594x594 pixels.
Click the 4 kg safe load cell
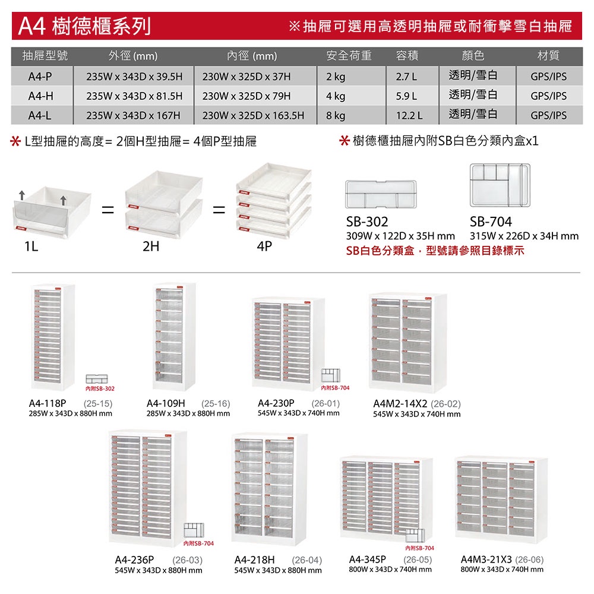pyautogui.click(x=336, y=96)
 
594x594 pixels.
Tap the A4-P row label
pyautogui.click(x=40, y=77)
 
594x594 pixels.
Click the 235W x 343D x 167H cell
pyautogui.click(x=133, y=115)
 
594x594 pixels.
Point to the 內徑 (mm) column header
pyautogui.click(x=252, y=56)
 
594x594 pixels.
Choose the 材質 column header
pyautogui.click(x=548, y=56)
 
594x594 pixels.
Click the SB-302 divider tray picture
pyautogui.click(x=381, y=194)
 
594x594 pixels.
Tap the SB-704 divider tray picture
pyautogui.click(x=500, y=185)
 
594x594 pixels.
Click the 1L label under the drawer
pyautogui.click(x=31, y=247)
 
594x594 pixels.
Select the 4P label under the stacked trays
pyautogui.click(x=264, y=247)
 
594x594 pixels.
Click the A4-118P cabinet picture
pyautogui.click(x=53, y=337)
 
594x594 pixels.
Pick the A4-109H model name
pyautogui.click(x=166, y=403)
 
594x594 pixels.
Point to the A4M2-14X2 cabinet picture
pyautogui.click(x=408, y=343)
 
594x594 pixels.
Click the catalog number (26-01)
pyautogui.click(x=326, y=403)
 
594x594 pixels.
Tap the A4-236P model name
pyautogui.click(x=134, y=560)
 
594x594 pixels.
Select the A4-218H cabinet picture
pyautogui.click(x=269, y=489)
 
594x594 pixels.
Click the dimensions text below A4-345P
pyautogui.click(x=390, y=570)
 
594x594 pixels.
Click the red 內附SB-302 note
pyautogui.click(x=100, y=388)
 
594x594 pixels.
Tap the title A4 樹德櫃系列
pyautogui.click(x=84, y=26)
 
